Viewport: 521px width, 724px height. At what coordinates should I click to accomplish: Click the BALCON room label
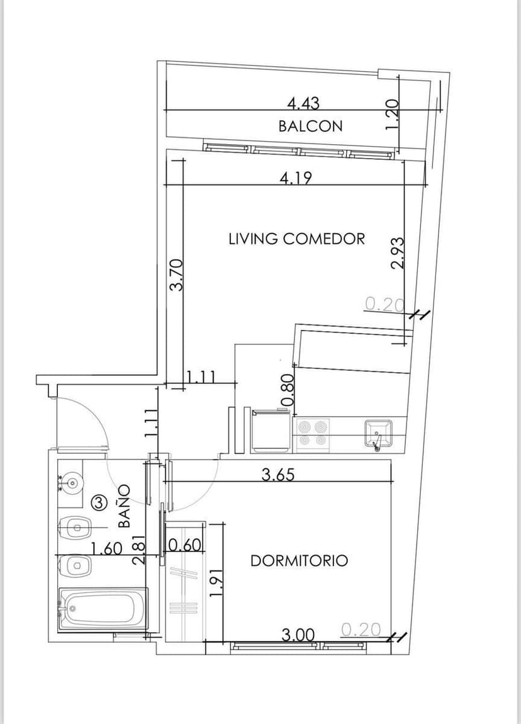click(x=311, y=125)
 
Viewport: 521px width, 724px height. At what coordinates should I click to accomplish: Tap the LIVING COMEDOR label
click(x=297, y=239)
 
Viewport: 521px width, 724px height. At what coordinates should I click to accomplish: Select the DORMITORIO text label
click(x=299, y=560)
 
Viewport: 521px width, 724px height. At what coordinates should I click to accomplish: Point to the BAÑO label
click(x=124, y=506)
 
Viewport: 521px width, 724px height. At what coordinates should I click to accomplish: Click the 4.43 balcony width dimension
click(x=303, y=103)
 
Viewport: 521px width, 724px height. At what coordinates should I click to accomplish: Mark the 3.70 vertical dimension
click(x=177, y=274)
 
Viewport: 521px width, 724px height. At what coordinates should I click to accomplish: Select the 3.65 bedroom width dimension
click(x=278, y=475)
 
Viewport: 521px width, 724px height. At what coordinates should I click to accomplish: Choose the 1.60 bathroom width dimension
click(x=106, y=548)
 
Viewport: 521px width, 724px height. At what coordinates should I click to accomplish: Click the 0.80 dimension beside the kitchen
click(x=287, y=389)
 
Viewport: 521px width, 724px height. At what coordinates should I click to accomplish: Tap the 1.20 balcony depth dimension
click(x=391, y=115)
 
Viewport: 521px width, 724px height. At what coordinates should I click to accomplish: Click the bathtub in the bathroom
click(x=103, y=609)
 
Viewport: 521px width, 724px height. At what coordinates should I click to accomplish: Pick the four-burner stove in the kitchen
click(x=312, y=434)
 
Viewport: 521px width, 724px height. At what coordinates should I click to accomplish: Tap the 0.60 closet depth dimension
click(x=185, y=545)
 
